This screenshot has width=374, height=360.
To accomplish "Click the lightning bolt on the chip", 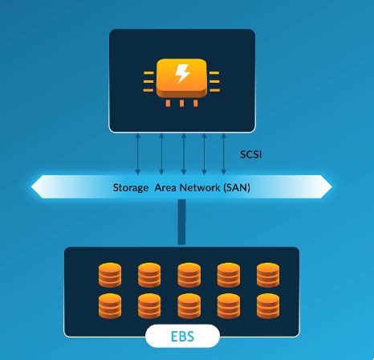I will (182, 75).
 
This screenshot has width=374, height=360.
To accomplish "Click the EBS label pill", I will (182, 336).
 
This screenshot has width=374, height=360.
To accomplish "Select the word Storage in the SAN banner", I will (129, 187).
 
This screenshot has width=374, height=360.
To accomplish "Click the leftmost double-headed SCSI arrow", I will (139, 153).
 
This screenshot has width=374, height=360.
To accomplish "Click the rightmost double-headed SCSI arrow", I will (224, 153).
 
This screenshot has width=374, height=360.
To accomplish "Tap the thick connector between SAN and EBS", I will (182, 221).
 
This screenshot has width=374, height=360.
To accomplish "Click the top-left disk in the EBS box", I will (110, 275).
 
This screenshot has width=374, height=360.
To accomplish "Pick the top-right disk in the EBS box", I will (267, 275).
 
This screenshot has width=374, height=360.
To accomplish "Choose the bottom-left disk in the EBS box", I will (110, 306).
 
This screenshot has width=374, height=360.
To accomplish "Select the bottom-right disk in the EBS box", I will (267, 306).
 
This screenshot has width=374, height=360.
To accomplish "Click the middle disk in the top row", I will (189, 275).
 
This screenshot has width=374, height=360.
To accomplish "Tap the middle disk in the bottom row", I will (189, 306).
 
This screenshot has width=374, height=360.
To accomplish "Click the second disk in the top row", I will (149, 275).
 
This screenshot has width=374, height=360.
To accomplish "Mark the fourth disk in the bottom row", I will (228, 306).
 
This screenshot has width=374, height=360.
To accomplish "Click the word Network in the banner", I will (197, 187).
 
